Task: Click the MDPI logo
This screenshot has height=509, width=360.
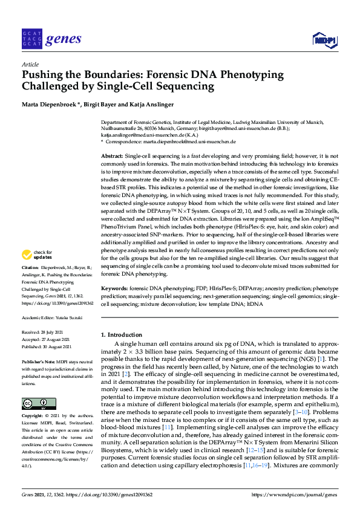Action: tap(324, 40)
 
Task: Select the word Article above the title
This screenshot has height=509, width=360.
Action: tap(30, 63)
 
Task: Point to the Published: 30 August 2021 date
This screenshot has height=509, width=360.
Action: tap(47, 346)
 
